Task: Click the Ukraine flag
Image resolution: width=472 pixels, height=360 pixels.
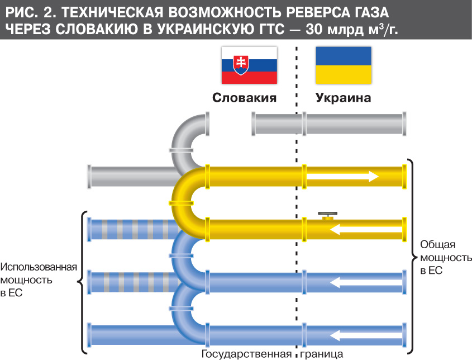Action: (x=344, y=65)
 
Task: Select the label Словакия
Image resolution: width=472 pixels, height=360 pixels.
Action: (x=245, y=98)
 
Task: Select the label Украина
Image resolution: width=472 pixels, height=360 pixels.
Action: (x=344, y=98)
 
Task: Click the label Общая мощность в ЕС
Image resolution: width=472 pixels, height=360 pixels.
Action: (x=438, y=257)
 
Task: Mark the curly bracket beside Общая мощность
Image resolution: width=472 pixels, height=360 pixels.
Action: (x=412, y=257)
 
